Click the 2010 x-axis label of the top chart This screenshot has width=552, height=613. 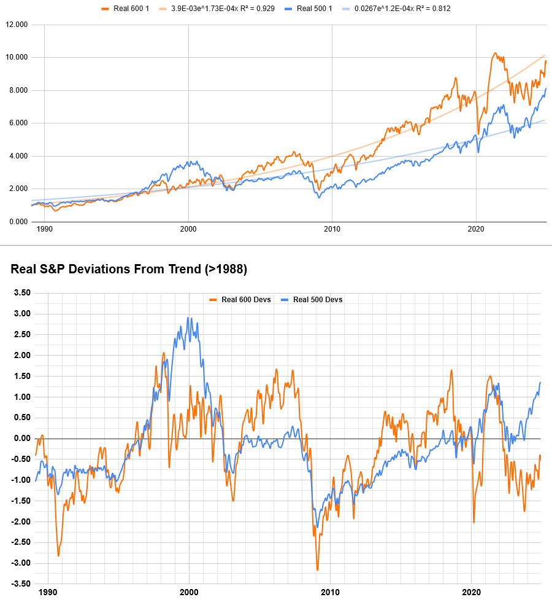[332, 229]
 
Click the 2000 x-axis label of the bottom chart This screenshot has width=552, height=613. [188, 593]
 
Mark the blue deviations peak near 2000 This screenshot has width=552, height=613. [188, 318]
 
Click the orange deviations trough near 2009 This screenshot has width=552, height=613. [317, 570]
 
